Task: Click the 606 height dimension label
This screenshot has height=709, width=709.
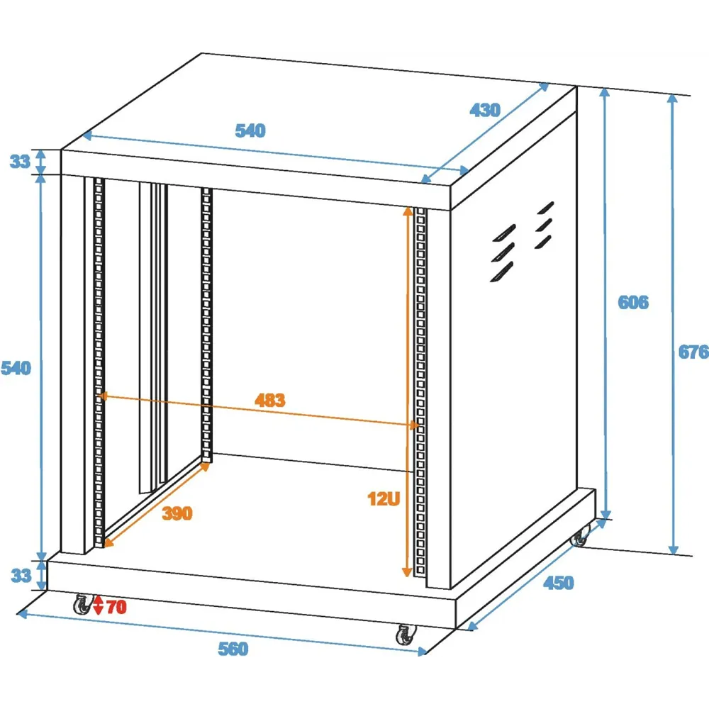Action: pyautogui.click(x=633, y=302)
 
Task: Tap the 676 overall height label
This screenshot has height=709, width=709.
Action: pyautogui.click(x=693, y=352)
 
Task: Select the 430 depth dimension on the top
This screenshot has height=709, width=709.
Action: pyautogui.click(x=485, y=110)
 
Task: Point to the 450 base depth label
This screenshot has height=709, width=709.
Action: pyautogui.click(x=559, y=583)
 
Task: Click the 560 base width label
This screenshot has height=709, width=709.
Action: pyautogui.click(x=233, y=649)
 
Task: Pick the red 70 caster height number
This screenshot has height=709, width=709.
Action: pyautogui.click(x=117, y=607)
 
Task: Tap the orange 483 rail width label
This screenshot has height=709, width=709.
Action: pyautogui.click(x=270, y=400)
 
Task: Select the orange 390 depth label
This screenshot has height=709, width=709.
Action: pyautogui.click(x=177, y=513)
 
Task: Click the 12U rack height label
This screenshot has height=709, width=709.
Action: pyautogui.click(x=384, y=498)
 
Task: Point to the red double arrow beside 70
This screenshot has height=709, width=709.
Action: pyautogui.click(x=98, y=606)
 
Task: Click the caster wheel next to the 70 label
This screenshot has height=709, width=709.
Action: pyautogui.click(x=83, y=605)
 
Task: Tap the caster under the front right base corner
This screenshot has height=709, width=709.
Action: pyautogui.click(x=406, y=635)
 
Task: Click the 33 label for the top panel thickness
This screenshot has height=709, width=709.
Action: pyautogui.click(x=20, y=162)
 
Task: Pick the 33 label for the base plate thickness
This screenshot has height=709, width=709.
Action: pyautogui.click(x=21, y=576)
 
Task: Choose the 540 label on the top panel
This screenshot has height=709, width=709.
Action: pyautogui.click(x=250, y=130)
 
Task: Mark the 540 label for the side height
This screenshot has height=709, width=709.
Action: pyautogui.click(x=16, y=368)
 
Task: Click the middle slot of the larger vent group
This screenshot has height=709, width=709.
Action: pyautogui.click(x=503, y=252)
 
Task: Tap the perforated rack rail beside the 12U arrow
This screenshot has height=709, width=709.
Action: pyautogui.click(x=420, y=392)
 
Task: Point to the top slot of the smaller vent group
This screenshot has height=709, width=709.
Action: pyautogui.click(x=546, y=208)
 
